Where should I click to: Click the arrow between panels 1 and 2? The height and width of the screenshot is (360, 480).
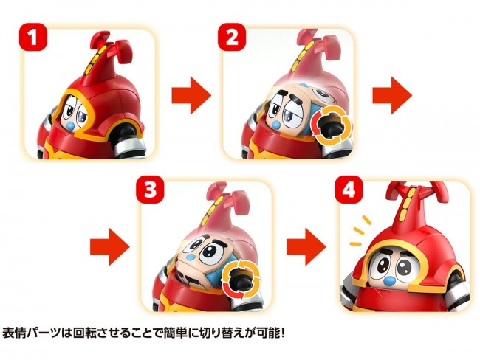click(x=191, y=95)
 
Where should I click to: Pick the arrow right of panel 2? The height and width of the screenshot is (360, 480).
click(x=392, y=95)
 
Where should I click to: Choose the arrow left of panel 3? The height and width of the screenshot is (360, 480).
click(x=110, y=247)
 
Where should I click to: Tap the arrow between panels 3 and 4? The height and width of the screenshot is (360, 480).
click(x=306, y=247)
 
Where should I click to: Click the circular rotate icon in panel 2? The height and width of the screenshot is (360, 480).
click(x=332, y=126)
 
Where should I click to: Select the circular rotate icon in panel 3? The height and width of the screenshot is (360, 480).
click(x=241, y=279)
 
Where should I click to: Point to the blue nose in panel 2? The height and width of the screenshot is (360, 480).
click(x=278, y=125)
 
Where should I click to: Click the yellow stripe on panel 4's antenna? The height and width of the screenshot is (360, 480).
click(x=408, y=203)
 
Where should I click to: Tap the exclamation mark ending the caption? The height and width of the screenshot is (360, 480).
click(x=283, y=333)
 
